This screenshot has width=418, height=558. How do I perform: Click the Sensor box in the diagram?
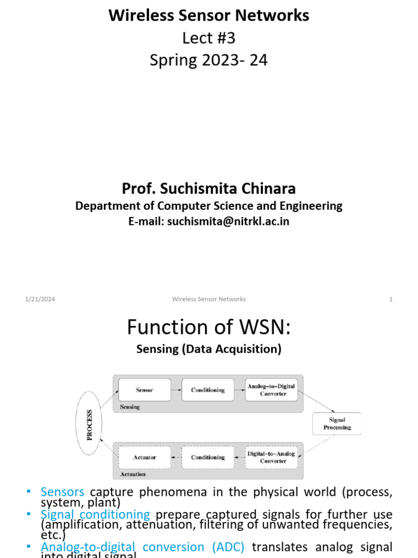[145, 390]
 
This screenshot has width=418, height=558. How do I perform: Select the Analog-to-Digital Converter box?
[271, 390]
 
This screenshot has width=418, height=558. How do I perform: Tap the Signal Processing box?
[337, 424]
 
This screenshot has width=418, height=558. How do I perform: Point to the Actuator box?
[145, 457]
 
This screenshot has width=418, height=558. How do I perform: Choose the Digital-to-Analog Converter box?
[271, 457]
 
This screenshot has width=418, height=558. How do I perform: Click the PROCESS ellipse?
[90, 424]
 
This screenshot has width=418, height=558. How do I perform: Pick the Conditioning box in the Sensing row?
[208, 390]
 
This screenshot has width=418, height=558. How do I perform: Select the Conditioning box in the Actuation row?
[208, 457]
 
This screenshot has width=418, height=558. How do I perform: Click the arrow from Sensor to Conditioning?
[176, 390]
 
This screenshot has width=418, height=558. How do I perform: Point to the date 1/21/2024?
[40, 299]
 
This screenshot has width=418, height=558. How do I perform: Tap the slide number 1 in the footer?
[391, 299]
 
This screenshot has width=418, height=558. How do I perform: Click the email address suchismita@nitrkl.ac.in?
[228, 222]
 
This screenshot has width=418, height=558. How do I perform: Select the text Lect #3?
[209, 38]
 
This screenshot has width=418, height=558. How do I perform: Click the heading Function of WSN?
[209, 327]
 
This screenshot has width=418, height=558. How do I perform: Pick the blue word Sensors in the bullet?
[62, 492]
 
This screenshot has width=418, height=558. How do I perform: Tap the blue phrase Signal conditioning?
[95, 514]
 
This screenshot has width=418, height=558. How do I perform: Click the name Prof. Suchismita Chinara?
[209, 189]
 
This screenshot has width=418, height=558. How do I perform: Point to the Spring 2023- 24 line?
[209, 60]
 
